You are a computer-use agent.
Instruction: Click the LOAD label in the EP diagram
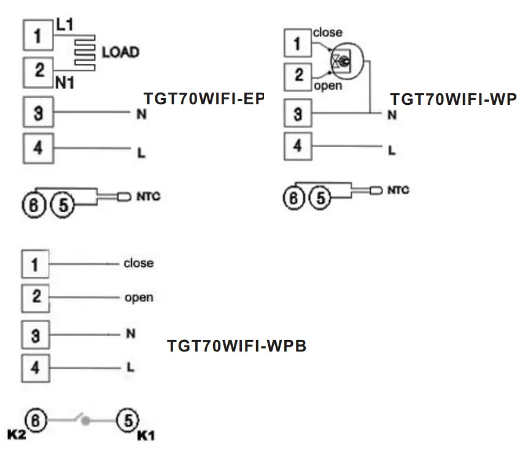(x=120, y=52)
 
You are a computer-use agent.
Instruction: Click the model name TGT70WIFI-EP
(x=203, y=99)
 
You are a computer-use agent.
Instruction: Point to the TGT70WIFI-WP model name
(x=453, y=99)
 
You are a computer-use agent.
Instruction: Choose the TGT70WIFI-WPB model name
(x=237, y=346)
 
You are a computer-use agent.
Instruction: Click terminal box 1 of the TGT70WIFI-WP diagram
(x=298, y=44)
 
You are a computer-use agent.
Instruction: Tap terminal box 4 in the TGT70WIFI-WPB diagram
(x=36, y=367)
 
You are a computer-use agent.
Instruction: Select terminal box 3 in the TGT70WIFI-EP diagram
(x=38, y=113)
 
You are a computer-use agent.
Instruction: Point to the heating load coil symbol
(x=85, y=53)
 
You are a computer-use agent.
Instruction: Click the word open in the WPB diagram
(x=139, y=298)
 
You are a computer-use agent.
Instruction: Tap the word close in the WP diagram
(x=327, y=33)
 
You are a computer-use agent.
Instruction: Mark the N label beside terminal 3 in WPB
(x=130, y=334)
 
